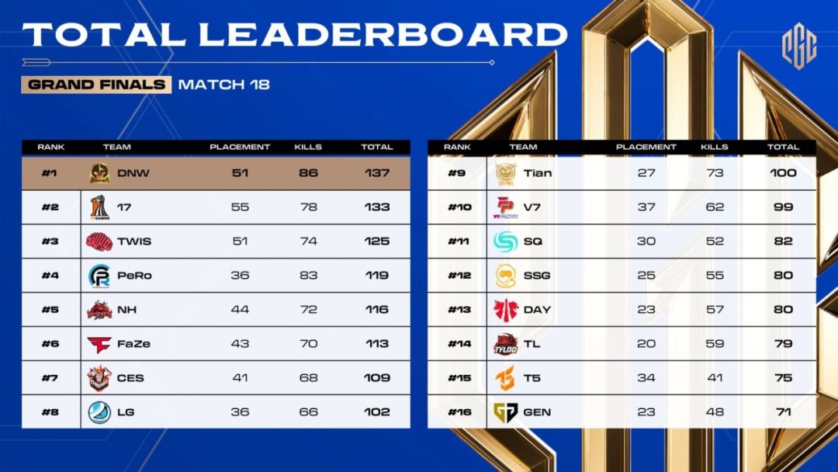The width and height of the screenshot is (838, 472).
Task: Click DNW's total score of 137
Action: click(377, 172)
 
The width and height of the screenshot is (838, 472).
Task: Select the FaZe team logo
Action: click(99, 343)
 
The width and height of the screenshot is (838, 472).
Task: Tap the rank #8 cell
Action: click(50, 411)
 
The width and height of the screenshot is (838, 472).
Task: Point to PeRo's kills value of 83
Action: click(308, 275)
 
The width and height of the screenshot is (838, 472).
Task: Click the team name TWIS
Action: click(134, 241)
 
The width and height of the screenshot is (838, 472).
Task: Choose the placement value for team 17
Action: click(240, 206)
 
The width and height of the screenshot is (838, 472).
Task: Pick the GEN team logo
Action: click(506, 411)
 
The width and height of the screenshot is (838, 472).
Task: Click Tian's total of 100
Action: click(783, 172)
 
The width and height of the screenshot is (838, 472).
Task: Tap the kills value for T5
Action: click(714, 377)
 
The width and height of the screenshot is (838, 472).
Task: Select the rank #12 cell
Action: click(459, 275)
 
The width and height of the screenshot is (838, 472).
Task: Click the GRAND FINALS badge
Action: click(96, 85)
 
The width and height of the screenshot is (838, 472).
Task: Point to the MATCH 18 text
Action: click(224, 85)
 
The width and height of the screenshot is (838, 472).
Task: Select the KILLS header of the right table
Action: click(714, 147)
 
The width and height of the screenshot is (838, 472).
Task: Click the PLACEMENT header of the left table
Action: click(240, 147)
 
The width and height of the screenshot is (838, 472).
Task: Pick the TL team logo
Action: click(506, 343)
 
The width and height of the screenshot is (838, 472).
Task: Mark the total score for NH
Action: click(377, 309)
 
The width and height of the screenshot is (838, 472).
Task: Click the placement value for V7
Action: click(646, 206)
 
